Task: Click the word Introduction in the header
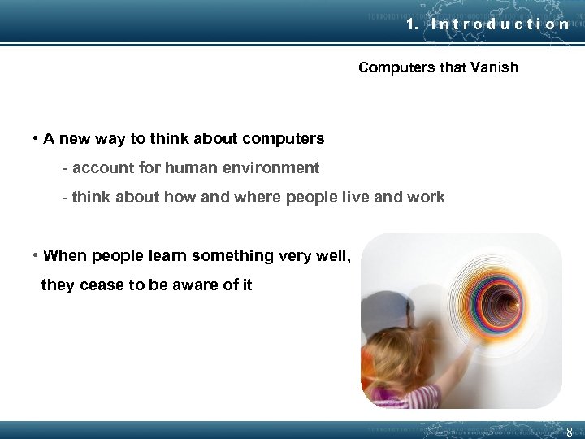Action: coord(500,24)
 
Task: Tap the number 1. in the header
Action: coord(413,24)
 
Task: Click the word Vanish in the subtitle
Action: coord(493,67)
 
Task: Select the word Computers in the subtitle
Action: coord(396,67)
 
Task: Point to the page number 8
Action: coord(570,432)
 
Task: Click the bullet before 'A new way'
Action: coord(37,138)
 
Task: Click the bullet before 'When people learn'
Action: coord(37,255)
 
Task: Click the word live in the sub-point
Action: coord(356,198)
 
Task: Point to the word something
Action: coord(238,256)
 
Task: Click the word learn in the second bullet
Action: coord(169,256)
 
